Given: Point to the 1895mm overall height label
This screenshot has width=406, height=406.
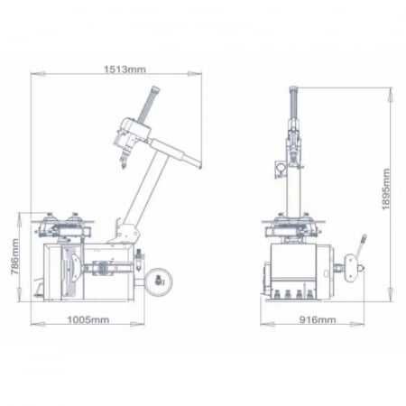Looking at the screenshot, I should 385,189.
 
